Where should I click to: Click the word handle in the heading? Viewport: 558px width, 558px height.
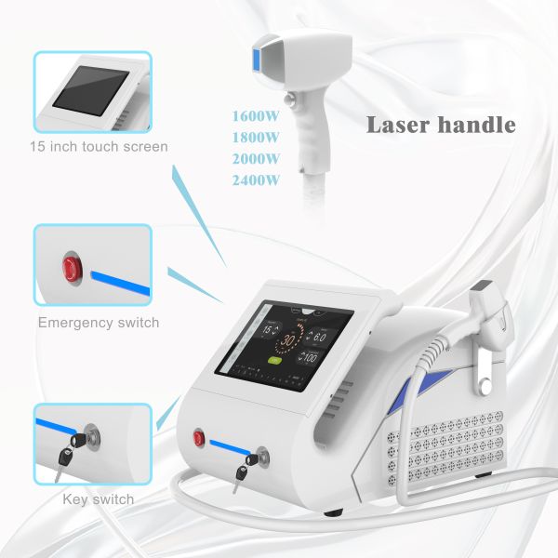pos(474,125)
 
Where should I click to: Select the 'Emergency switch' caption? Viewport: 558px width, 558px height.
pos(99,323)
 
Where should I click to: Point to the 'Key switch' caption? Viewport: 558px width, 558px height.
pos(99,499)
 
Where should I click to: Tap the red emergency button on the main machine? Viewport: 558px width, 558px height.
pos(198,435)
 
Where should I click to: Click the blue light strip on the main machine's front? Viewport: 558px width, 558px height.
pos(232,443)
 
